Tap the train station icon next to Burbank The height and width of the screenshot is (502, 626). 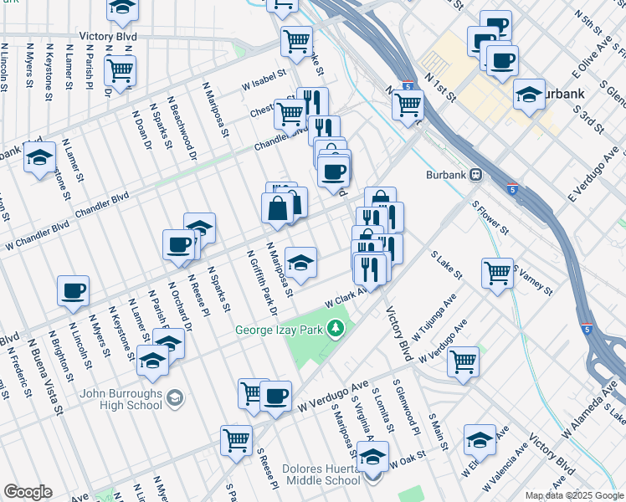pyautogui.click(x=475, y=175)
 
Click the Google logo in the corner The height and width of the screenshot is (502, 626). pyautogui.click(x=28, y=492)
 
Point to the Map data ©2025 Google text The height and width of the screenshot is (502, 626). pyautogui.click(x=574, y=495)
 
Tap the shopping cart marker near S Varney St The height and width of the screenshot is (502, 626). pyautogui.click(x=497, y=272)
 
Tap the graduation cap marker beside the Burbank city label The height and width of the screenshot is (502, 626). pyautogui.click(x=530, y=93)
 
